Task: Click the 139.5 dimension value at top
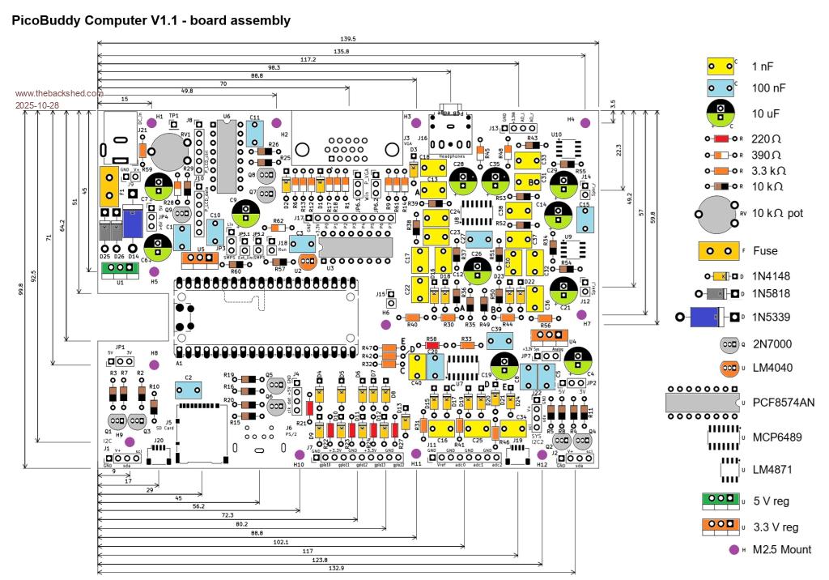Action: (348, 39)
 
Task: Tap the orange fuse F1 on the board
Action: (106, 186)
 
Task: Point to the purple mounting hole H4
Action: (586, 122)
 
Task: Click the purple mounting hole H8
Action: (155, 365)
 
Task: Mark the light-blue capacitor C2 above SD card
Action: (189, 390)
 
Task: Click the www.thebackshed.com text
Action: (57, 93)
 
